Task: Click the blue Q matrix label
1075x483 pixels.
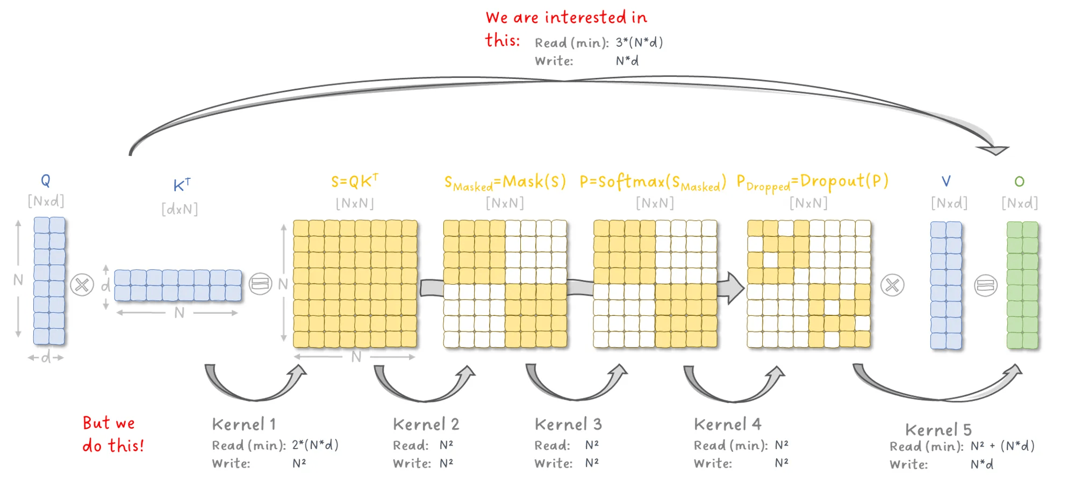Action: pos(46,181)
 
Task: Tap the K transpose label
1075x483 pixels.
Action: pos(182,185)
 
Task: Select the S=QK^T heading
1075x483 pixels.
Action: pos(355,181)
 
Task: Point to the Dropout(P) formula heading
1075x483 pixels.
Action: pos(812,182)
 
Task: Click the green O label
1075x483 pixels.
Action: pos(1019,182)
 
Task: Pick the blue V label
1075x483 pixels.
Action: pos(946,181)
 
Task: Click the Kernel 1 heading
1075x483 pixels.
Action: pos(244,424)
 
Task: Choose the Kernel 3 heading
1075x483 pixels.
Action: pos(568,424)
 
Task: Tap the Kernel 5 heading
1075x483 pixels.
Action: pos(938,430)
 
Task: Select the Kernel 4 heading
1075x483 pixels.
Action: pos(728,424)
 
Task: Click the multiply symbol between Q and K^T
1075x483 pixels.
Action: pos(82,285)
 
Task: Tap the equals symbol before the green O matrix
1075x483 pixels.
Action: pos(986,285)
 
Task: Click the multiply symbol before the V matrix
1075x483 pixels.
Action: pos(892,285)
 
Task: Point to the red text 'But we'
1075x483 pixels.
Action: pos(109,423)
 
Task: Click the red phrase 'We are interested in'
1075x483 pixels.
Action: pos(567,17)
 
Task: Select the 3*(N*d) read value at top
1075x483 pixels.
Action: pos(639,42)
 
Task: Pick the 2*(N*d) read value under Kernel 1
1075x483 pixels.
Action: pos(315,445)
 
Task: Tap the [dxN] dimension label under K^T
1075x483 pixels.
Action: pos(180,209)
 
